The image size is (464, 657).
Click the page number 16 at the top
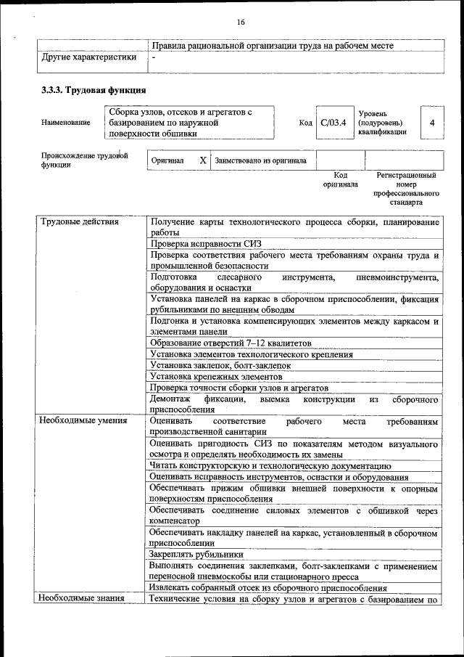point(240,23)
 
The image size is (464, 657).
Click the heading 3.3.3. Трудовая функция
point(94,91)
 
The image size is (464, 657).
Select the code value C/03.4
point(333,123)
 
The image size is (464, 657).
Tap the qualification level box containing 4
point(432,123)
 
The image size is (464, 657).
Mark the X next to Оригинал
point(203,160)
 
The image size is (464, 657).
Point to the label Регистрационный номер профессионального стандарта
point(406,189)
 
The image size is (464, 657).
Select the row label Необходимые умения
point(84,420)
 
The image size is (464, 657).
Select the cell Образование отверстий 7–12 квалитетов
point(231,343)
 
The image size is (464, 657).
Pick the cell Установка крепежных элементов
point(216,377)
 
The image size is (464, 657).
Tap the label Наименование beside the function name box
point(66,123)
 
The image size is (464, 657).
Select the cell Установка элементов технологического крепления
point(252,354)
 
